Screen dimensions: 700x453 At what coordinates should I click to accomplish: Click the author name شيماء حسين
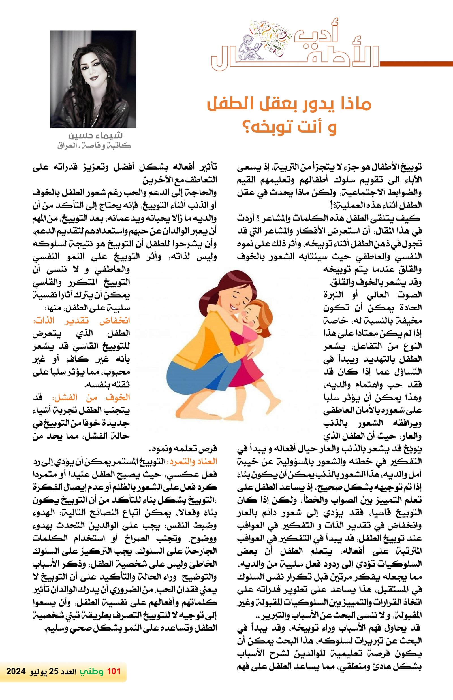pyautogui.click(x=95, y=136)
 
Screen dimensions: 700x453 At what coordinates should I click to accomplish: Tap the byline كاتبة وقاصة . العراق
pyautogui.click(x=94, y=146)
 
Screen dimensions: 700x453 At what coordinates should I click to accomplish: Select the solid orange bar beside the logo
pyautogui.click(x=416, y=63)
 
